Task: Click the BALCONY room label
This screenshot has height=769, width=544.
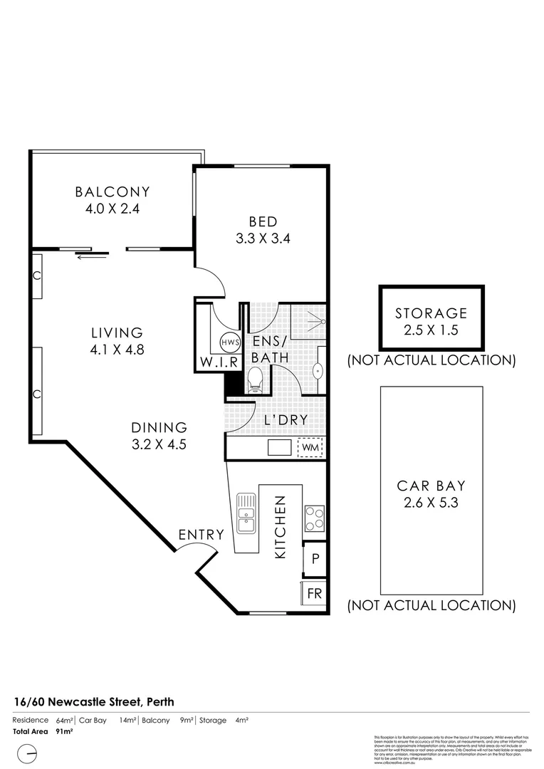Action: pos(113,192)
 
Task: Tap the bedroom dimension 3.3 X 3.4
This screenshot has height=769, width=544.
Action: pos(263,239)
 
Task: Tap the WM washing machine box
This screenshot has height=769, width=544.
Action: pos(310,447)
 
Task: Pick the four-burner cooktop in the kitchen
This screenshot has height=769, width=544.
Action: pos(314,518)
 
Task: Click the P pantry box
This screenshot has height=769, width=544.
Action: pos(314,560)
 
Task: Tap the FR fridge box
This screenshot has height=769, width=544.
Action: pos(314,593)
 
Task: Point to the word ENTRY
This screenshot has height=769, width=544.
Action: pos(201,535)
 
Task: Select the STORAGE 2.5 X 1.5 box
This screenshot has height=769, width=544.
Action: pos(431,320)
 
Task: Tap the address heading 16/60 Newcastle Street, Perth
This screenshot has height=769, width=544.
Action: pos(93,701)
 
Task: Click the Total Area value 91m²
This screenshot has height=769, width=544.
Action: pos(64,731)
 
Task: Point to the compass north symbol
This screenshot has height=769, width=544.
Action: pos(27,752)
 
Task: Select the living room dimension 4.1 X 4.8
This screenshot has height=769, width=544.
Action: pos(117,350)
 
